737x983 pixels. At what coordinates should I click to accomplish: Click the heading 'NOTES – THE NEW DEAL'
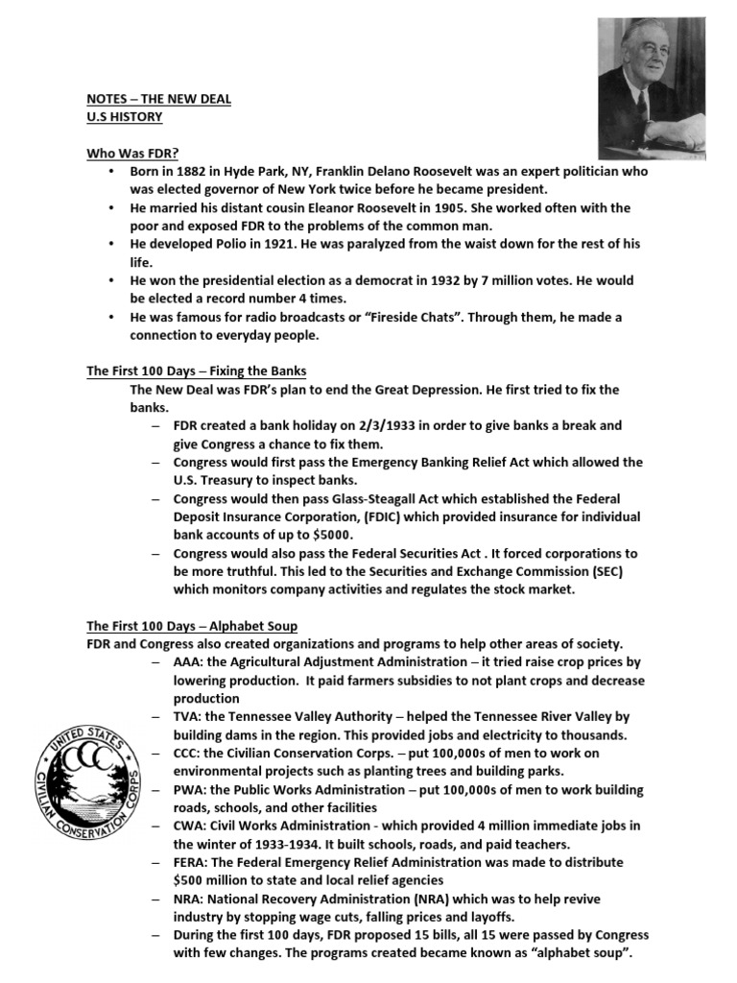tap(158, 99)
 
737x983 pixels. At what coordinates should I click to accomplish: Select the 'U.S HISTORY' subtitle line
tap(125, 117)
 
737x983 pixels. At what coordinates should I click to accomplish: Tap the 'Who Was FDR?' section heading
tap(133, 153)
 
